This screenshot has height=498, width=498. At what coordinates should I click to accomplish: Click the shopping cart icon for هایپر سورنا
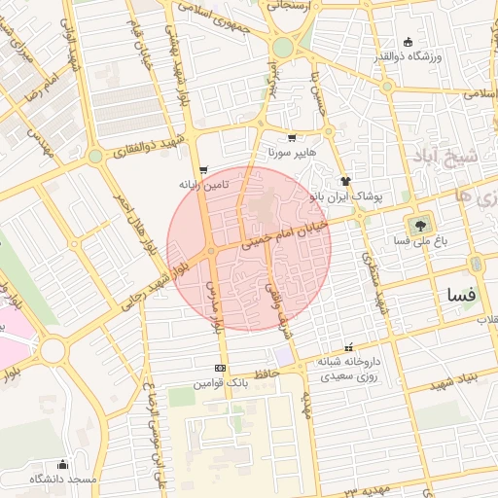click(x=292, y=138)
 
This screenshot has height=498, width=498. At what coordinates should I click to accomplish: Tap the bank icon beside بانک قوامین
click(x=220, y=369)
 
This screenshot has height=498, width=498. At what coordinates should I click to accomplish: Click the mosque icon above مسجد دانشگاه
click(x=63, y=464)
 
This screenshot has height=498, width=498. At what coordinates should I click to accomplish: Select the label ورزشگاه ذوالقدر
click(x=409, y=56)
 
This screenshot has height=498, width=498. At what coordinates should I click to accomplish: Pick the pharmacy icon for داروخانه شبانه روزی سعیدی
click(x=348, y=348)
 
